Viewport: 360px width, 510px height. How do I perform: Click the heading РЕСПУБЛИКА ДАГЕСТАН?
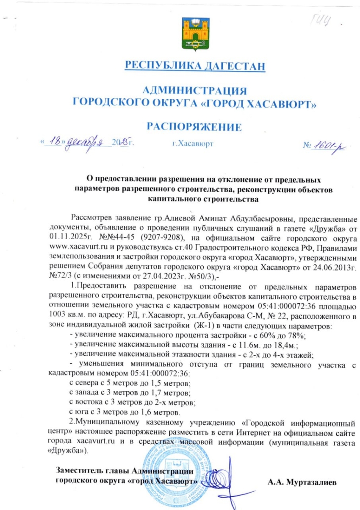tap(195, 66)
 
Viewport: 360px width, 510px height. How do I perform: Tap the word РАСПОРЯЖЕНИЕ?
tap(194, 126)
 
